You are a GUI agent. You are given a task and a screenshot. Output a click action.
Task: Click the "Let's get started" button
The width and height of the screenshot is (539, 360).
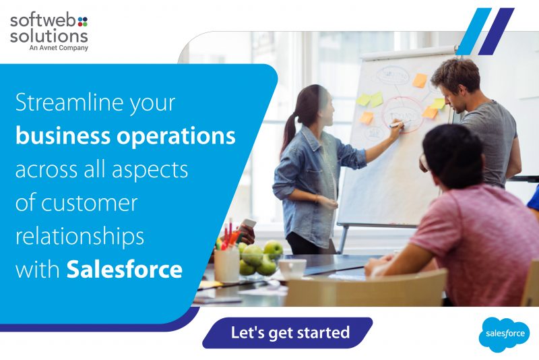pos(290,332)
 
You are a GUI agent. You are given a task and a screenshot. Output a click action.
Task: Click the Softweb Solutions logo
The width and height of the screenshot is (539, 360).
pos(49,30)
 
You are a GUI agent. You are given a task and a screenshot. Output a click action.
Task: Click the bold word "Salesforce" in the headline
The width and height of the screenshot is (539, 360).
pos(125,270)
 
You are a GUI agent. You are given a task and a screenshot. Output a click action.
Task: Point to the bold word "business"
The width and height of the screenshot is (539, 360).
pos(62,137)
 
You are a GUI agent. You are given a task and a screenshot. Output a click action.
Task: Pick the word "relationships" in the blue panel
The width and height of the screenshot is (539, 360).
pos(80,237)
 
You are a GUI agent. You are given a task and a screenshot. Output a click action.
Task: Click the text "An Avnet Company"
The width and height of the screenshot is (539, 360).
pos(59,48)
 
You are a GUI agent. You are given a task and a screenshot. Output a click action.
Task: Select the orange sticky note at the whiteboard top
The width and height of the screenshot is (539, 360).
pos(420,80)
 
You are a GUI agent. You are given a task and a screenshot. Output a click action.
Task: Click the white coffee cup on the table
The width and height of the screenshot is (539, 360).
pos(292,268)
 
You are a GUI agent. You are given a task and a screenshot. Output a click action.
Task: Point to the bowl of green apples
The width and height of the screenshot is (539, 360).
pos(260,260)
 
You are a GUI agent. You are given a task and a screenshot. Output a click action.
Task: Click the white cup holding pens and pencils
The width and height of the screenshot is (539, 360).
pos(226,265)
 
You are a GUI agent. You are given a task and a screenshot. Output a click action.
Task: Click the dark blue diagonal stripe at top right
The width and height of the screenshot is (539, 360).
pos(497,31)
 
